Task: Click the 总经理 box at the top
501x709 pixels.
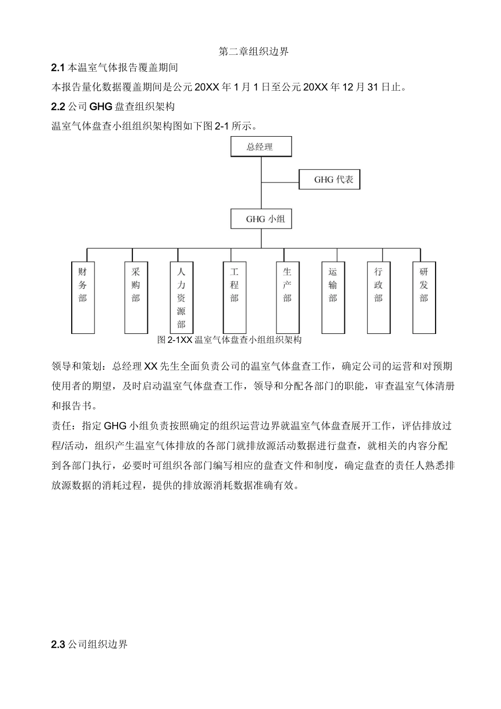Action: (261, 147)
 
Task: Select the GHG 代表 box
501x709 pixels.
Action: (330, 179)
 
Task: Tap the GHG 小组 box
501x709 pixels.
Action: (261, 219)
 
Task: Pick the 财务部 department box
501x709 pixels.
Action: (83, 298)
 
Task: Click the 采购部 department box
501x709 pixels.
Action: (136, 298)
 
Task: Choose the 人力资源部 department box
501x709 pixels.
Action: (181, 298)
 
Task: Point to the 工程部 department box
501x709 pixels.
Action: (235, 298)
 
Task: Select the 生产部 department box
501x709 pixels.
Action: (287, 298)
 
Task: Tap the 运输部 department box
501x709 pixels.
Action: (333, 298)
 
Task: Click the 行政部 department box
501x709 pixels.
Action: (379, 298)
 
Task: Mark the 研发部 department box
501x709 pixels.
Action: (424, 298)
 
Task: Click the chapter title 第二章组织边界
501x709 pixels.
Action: (254, 52)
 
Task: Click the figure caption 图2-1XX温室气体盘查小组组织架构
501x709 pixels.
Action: (229, 340)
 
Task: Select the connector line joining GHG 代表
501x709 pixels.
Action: (280, 183)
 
